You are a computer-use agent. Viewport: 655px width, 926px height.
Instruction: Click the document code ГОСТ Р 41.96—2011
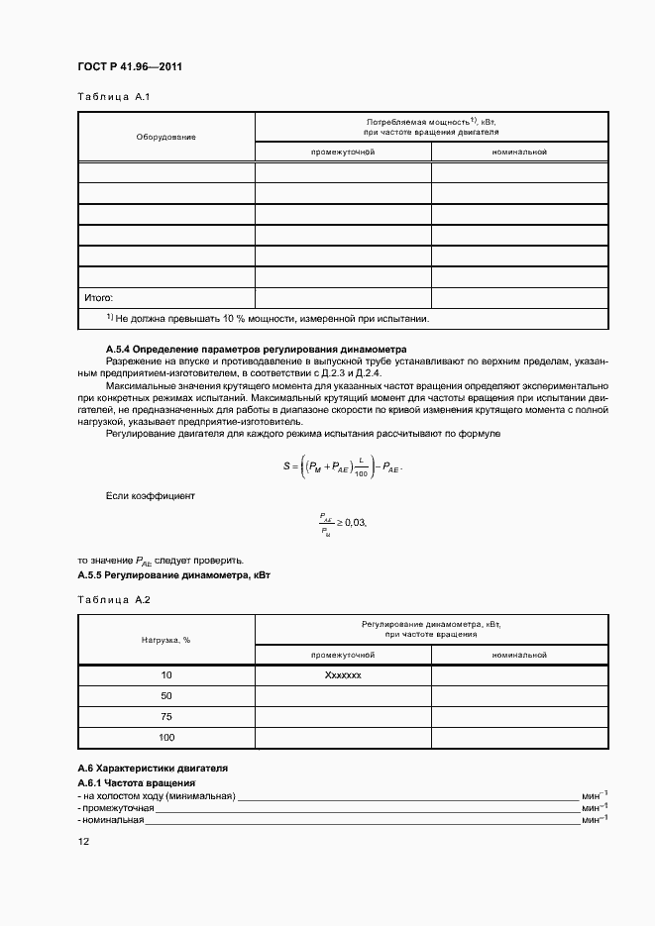click(x=129, y=67)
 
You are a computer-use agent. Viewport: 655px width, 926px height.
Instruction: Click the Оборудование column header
click(x=165, y=137)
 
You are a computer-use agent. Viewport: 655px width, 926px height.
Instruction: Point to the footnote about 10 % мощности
click(x=268, y=319)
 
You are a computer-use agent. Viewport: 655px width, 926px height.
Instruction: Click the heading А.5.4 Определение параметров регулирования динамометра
click(x=256, y=349)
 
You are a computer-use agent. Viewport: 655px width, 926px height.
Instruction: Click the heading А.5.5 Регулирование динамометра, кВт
click(x=174, y=574)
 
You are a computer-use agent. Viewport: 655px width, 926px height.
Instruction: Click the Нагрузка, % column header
click(x=165, y=640)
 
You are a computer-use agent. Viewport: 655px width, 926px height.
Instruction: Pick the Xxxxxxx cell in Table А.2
click(x=342, y=674)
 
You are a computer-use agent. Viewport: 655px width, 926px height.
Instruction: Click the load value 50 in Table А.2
click(x=165, y=696)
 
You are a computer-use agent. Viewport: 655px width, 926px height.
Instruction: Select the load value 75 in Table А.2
click(x=165, y=717)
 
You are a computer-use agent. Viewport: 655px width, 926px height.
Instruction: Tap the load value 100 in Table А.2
click(x=165, y=738)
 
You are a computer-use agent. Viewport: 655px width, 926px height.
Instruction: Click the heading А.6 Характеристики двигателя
click(x=153, y=768)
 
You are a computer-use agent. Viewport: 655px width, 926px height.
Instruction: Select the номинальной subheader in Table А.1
click(x=519, y=152)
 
